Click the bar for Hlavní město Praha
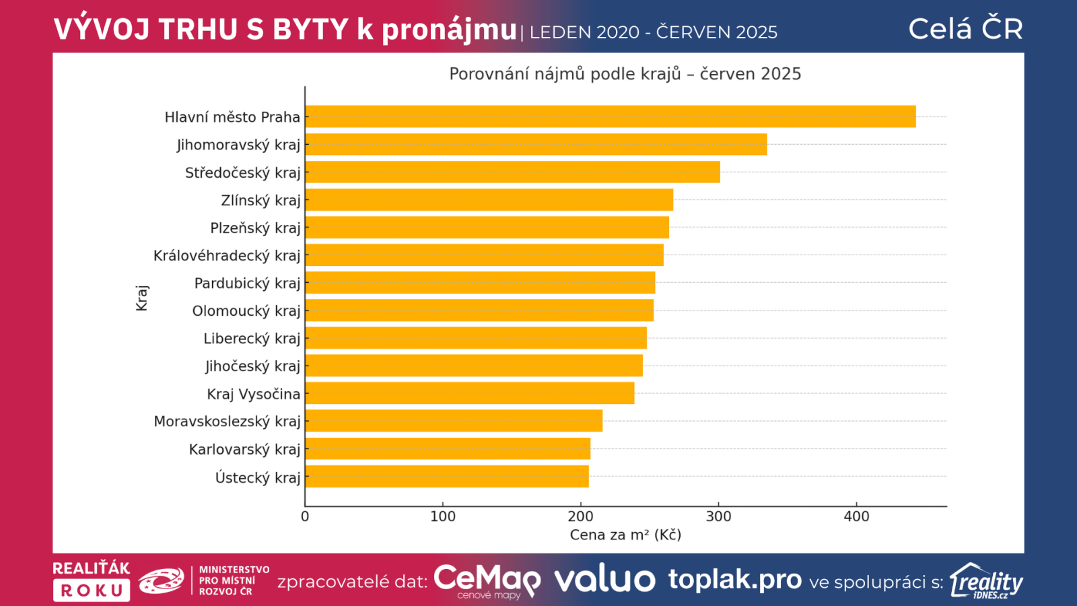click(610, 116)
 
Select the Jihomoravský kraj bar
click(536, 144)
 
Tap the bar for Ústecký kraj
click(446, 477)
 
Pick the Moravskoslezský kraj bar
click(454, 422)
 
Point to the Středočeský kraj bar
click(512, 172)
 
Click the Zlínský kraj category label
click(260, 201)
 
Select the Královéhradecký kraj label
click(227, 256)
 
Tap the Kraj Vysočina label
click(253, 394)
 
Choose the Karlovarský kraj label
click(244, 449)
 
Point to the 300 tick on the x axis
click(718, 516)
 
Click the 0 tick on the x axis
click(305, 516)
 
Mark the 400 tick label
click(856, 516)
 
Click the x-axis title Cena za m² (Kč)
click(625, 535)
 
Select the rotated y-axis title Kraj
click(141, 298)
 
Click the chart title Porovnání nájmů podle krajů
click(625, 74)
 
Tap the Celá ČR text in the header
click(965, 29)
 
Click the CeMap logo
click(487, 580)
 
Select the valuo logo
click(604, 580)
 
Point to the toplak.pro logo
click(734, 580)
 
